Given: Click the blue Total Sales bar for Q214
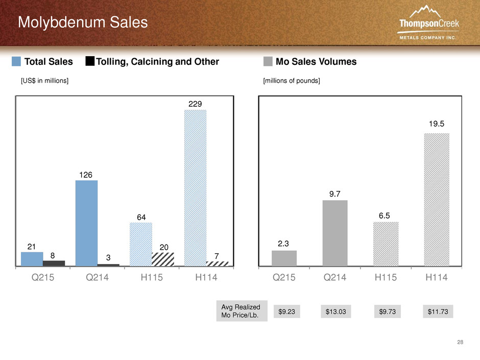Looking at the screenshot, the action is point(87,223).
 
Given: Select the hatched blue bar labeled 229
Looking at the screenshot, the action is point(195,188).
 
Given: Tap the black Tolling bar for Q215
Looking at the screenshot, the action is point(54,263).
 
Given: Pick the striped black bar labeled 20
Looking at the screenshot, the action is point(163,259).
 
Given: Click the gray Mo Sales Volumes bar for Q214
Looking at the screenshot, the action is point(335,233).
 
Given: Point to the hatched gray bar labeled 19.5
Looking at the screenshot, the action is point(437,200).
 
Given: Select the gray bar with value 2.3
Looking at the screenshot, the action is point(284,258).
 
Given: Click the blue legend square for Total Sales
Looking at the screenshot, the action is point(16,61).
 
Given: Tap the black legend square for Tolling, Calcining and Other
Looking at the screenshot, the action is point(90,61).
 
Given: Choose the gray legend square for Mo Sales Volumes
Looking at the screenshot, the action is point(268,61).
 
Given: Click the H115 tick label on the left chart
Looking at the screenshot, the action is point(152,277).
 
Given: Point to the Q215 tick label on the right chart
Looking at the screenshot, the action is point(284,277).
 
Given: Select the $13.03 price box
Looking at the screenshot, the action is point(336,311).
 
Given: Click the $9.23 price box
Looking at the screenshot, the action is point(287,311).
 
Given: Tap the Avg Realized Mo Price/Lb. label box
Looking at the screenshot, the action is point(242,311).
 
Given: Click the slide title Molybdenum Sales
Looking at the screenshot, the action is point(83,22).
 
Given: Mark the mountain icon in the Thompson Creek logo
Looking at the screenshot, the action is point(425,11).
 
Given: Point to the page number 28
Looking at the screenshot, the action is point(460,342).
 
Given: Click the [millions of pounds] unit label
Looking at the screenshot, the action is point(292,81).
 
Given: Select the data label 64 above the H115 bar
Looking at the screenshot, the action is point(141,218).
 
